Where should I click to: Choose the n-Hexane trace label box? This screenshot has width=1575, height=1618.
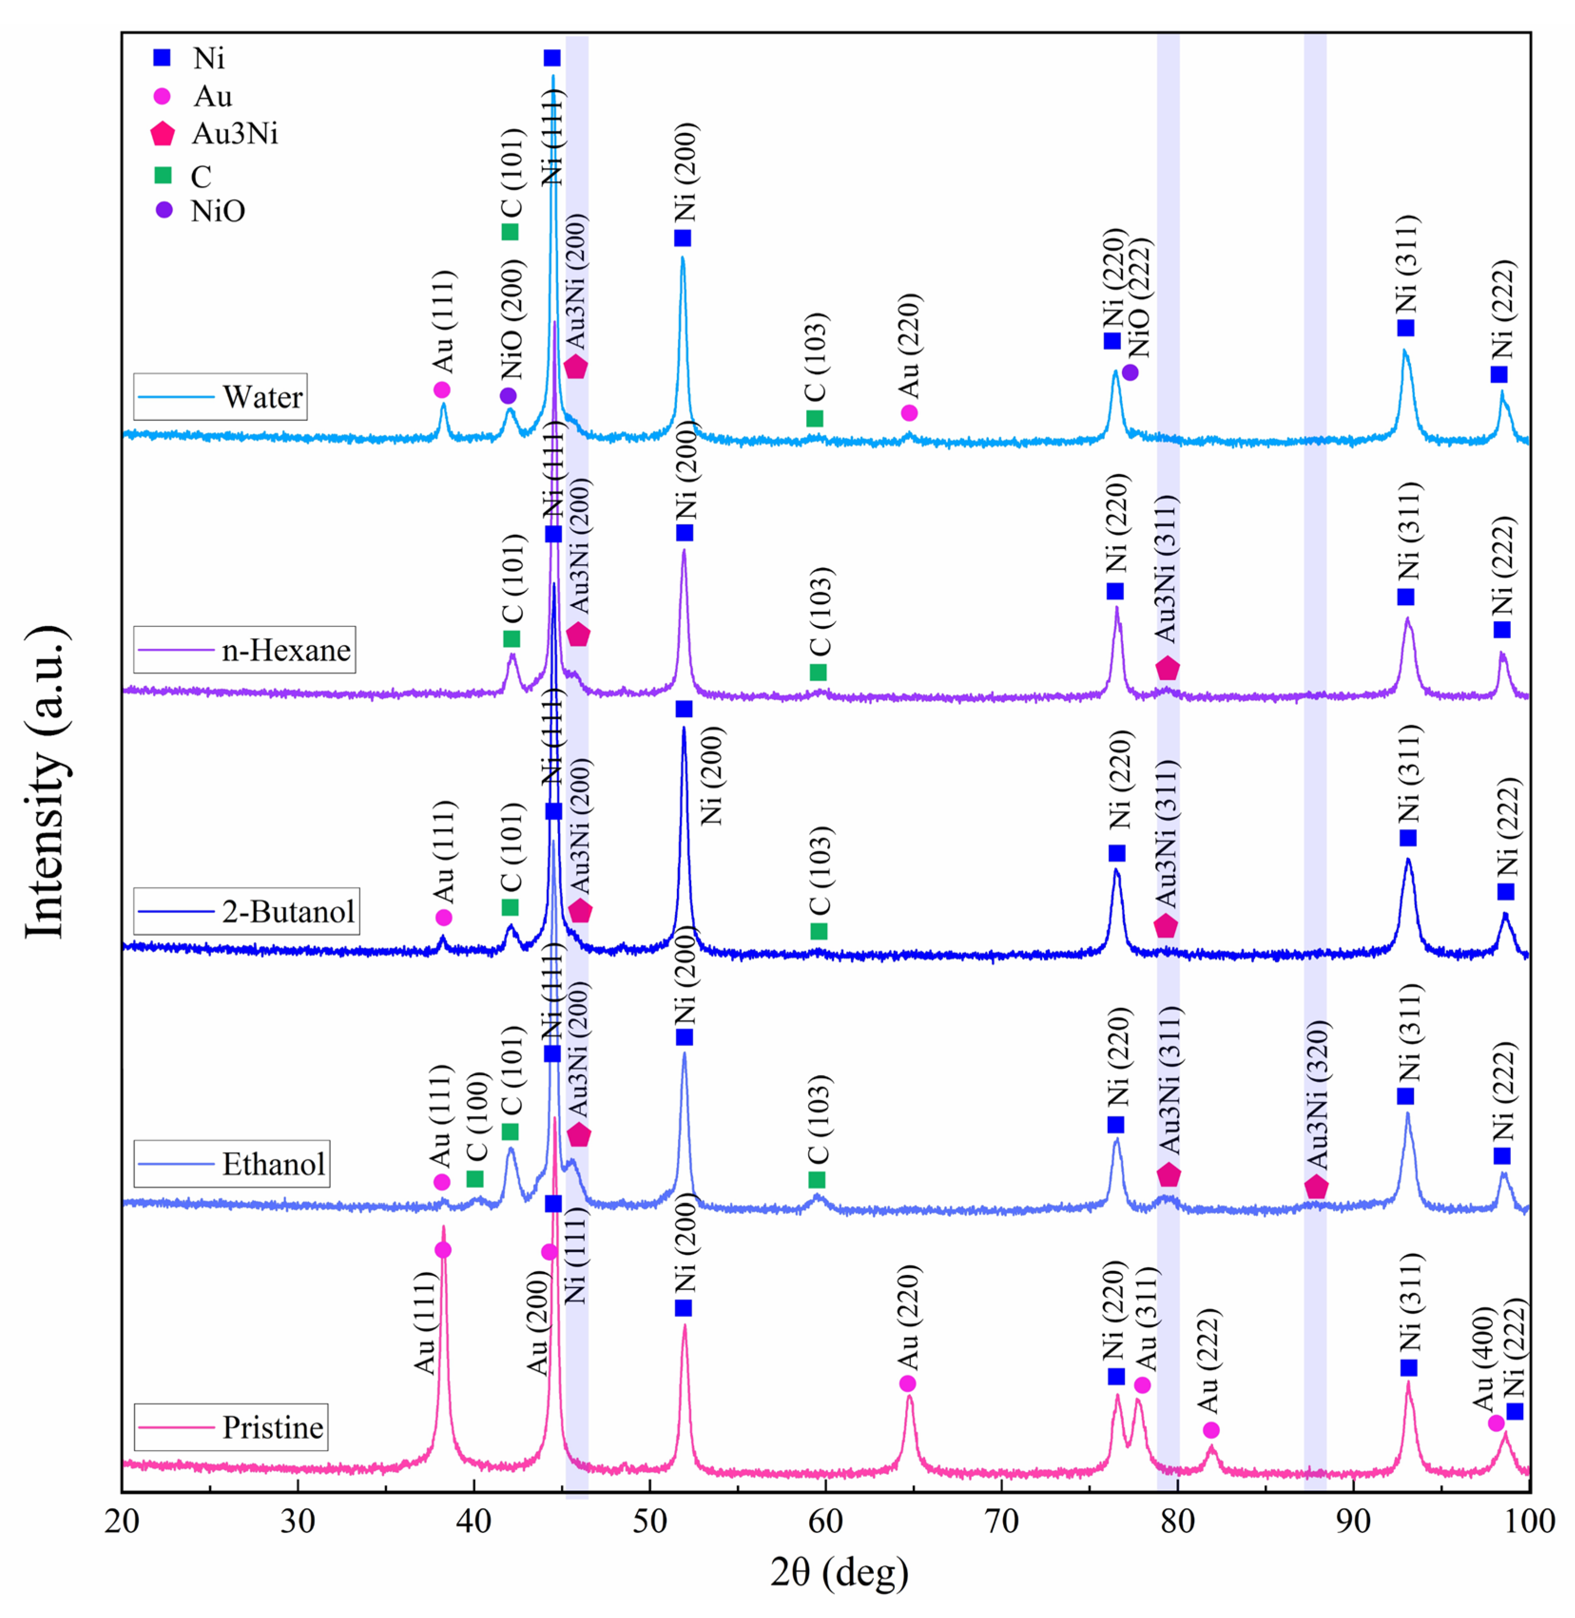245,650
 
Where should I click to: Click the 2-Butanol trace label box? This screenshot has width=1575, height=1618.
247,911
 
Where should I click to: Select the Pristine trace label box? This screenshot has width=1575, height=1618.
232,1427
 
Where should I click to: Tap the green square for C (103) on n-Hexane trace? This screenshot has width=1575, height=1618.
818,672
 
